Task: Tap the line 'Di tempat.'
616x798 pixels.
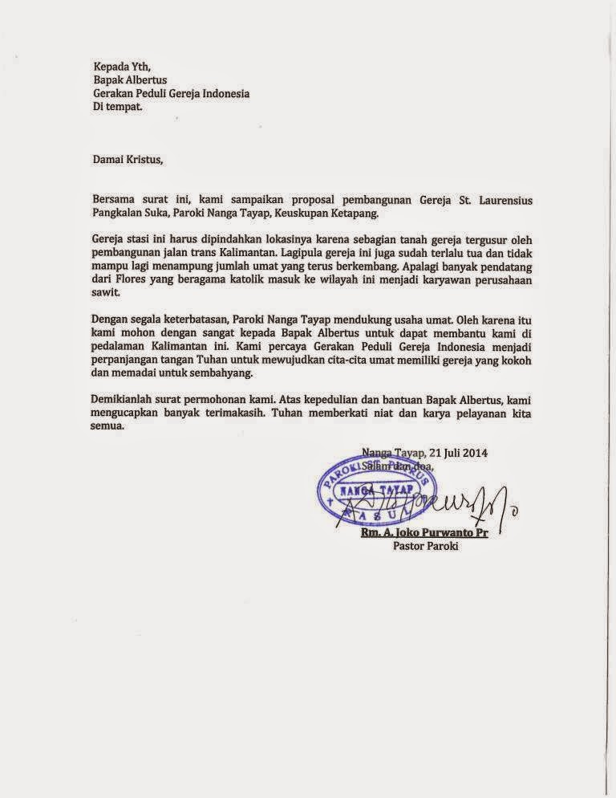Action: (118, 107)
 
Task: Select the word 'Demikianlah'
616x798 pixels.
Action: (124, 400)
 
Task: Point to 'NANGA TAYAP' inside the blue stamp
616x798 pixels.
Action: (379, 489)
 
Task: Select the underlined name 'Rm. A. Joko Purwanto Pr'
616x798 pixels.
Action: (424, 534)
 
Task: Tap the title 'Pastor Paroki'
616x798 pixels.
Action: (424, 548)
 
